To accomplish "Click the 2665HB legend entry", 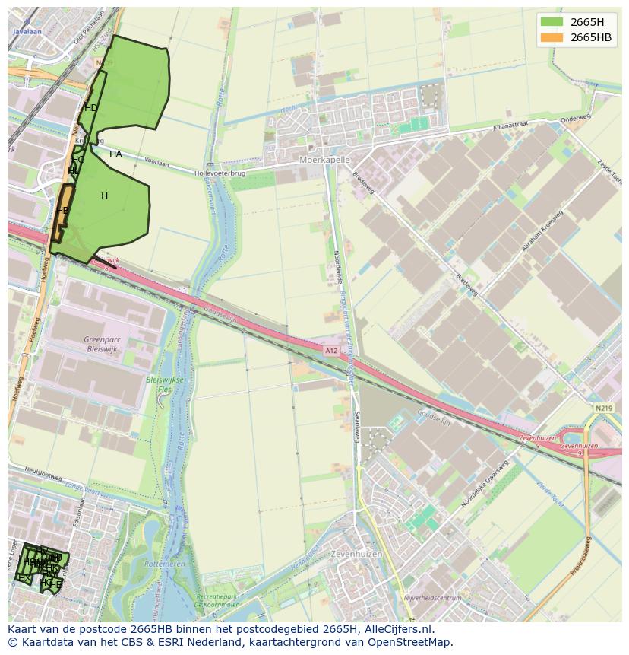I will [x=590, y=37].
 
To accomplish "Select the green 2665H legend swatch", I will [x=552, y=21].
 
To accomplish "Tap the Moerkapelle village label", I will [x=324, y=161].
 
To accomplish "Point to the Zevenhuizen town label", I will [x=356, y=555].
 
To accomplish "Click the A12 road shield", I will [x=331, y=351].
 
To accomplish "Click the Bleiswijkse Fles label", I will [x=165, y=383].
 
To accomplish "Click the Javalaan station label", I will [x=27, y=33].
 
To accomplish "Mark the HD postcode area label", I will [x=90, y=108].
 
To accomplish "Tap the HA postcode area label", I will [x=115, y=154].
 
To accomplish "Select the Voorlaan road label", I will [x=156, y=163].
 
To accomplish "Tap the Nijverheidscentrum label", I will [x=432, y=599].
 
